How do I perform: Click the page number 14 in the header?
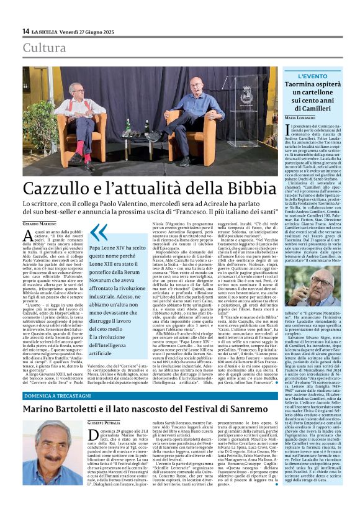click(25, 31)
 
